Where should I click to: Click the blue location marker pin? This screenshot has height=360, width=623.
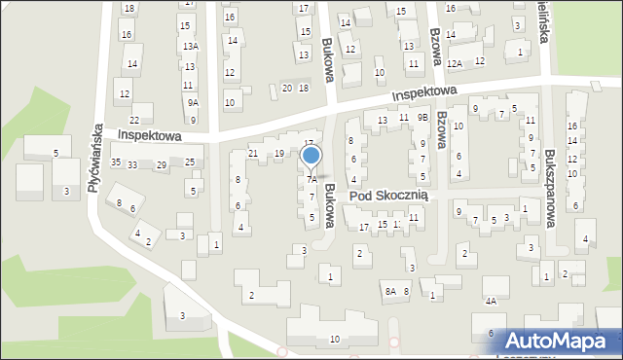(x=311, y=157)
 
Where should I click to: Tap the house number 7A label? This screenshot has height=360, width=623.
(x=311, y=180)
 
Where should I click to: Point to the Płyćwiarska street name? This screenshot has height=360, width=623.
(x=94, y=157)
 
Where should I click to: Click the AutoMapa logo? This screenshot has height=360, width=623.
(x=563, y=340)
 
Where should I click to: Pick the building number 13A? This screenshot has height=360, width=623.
(x=190, y=47)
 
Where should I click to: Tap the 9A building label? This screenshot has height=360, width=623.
(x=193, y=103)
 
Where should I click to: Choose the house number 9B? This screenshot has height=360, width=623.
(x=421, y=118)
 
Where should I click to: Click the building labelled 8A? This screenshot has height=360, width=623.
(x=389, y=291)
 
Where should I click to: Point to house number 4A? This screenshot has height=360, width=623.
(x=491, y=302)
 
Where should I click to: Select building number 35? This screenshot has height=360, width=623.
(x=116, y=162)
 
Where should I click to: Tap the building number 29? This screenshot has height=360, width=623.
(x=161, y=166)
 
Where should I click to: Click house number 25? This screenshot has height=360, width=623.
(x=190, y=162)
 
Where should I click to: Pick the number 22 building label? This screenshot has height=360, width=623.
(x=134, y=120)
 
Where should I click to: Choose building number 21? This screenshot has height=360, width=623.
(x=253, y=154)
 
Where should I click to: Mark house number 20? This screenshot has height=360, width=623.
(x=286, y=89)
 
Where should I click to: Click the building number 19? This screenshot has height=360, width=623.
(x=279, y=154)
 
